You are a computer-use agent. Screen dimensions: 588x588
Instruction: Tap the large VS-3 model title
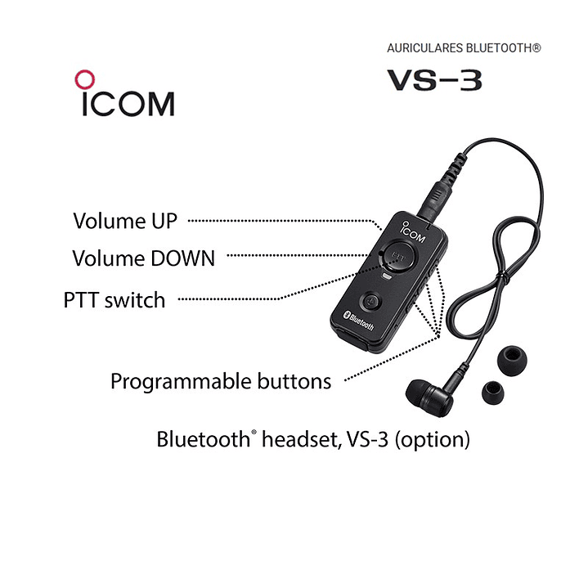pos(433,80)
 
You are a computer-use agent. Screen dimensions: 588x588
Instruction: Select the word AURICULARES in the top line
pos(424,48)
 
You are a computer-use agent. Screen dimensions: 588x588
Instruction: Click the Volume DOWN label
pos(143,258)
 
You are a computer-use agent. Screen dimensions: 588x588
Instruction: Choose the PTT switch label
pos(114,300)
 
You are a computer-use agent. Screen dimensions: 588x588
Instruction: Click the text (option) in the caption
pos(433,439)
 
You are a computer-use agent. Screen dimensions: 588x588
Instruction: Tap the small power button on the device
pos(371,300)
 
